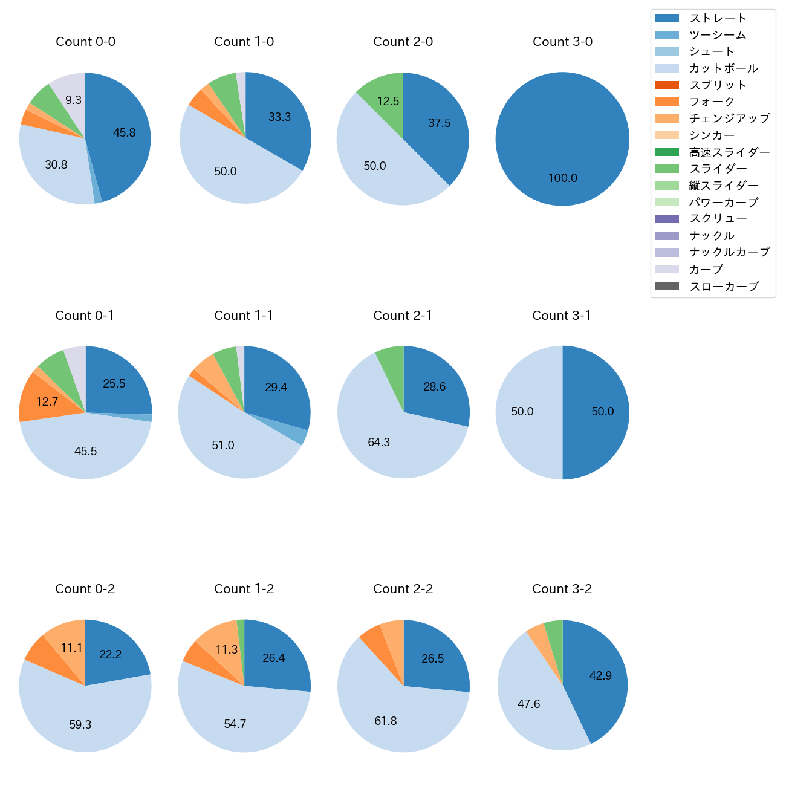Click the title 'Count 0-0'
pos(85,42)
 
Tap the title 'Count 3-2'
pos(562,589)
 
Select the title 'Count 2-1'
pos(403,316)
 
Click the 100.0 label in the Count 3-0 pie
pos(562,178)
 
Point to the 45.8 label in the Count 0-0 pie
pos(124,133)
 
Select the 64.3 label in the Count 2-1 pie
pos(378,443)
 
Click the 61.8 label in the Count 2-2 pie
pos(385,721)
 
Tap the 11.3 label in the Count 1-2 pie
pos(226,650)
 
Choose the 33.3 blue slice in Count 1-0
pos(278,118)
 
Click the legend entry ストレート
pos(718,18)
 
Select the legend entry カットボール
pos(723,68)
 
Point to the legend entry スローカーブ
pos(723,287)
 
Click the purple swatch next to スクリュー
pos(667,219)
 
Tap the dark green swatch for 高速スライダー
pos(667,152)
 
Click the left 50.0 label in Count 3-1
pos(522,412)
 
